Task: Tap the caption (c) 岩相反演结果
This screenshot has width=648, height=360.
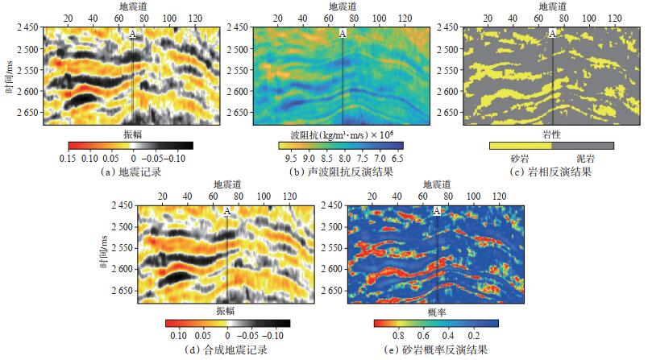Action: [x=551, y=172]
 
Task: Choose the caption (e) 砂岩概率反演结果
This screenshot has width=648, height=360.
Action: [x=436, y=350]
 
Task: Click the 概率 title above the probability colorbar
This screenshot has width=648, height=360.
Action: [x=435, y=310]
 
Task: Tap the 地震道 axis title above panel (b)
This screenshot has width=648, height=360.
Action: [x=342, y=6]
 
